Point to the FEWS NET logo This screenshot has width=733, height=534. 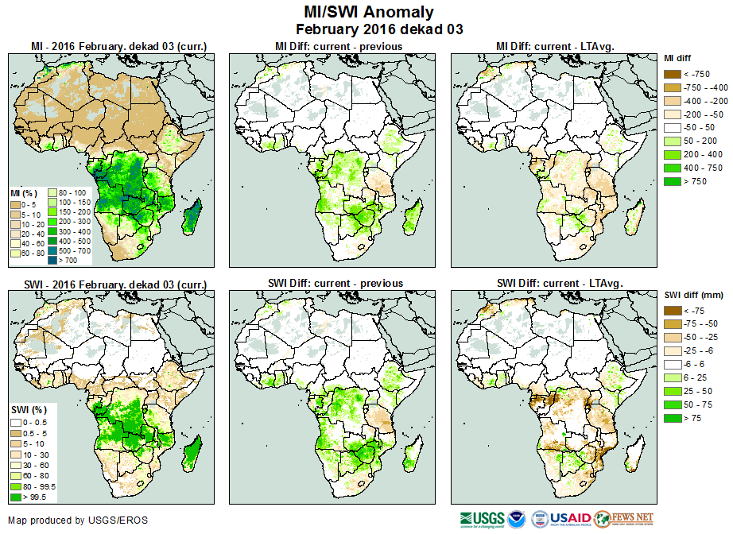pos(624,520)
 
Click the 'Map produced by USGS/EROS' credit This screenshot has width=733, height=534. pos(78,520)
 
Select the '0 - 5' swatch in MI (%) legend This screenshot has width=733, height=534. pos(15,203)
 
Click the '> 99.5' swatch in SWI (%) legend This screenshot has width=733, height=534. pos(16,497)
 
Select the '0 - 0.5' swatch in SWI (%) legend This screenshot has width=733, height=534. pos(16,421)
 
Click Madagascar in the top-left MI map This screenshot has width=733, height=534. pos(192,216)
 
